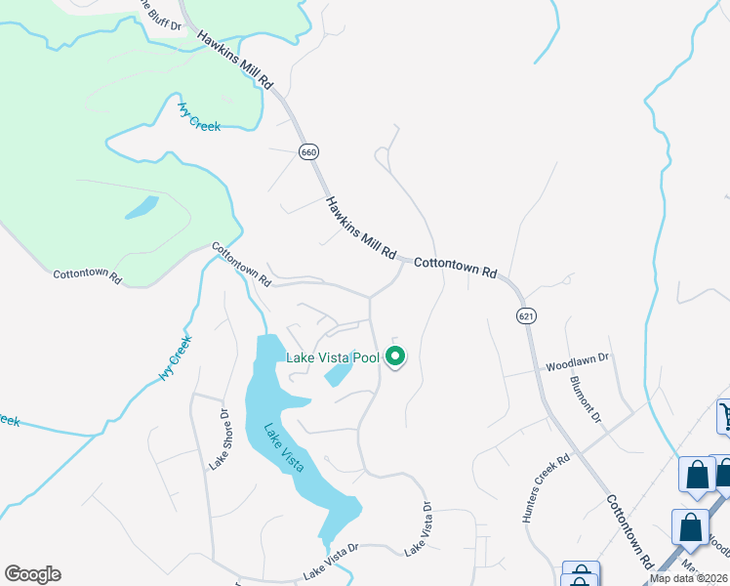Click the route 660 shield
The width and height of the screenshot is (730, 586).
point(309,152)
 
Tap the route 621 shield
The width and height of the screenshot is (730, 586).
point(526,315)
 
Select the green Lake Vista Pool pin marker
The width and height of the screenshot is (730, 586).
point(395,357)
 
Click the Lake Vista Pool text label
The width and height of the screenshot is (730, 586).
point(332,357)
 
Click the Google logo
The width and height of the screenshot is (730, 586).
point(32,574)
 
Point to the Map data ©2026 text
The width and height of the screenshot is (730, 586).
point(689,579)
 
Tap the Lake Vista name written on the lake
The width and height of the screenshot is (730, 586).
point(284,446)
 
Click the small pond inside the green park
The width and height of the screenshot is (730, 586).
point(142,207)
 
